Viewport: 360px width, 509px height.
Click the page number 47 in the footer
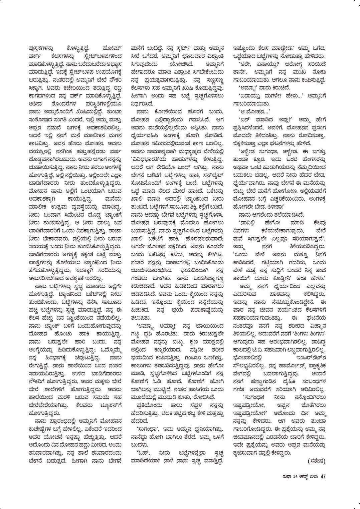point(323,476)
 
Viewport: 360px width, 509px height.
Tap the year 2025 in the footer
point(313,476)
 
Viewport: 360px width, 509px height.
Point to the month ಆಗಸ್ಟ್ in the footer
point(301,476)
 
